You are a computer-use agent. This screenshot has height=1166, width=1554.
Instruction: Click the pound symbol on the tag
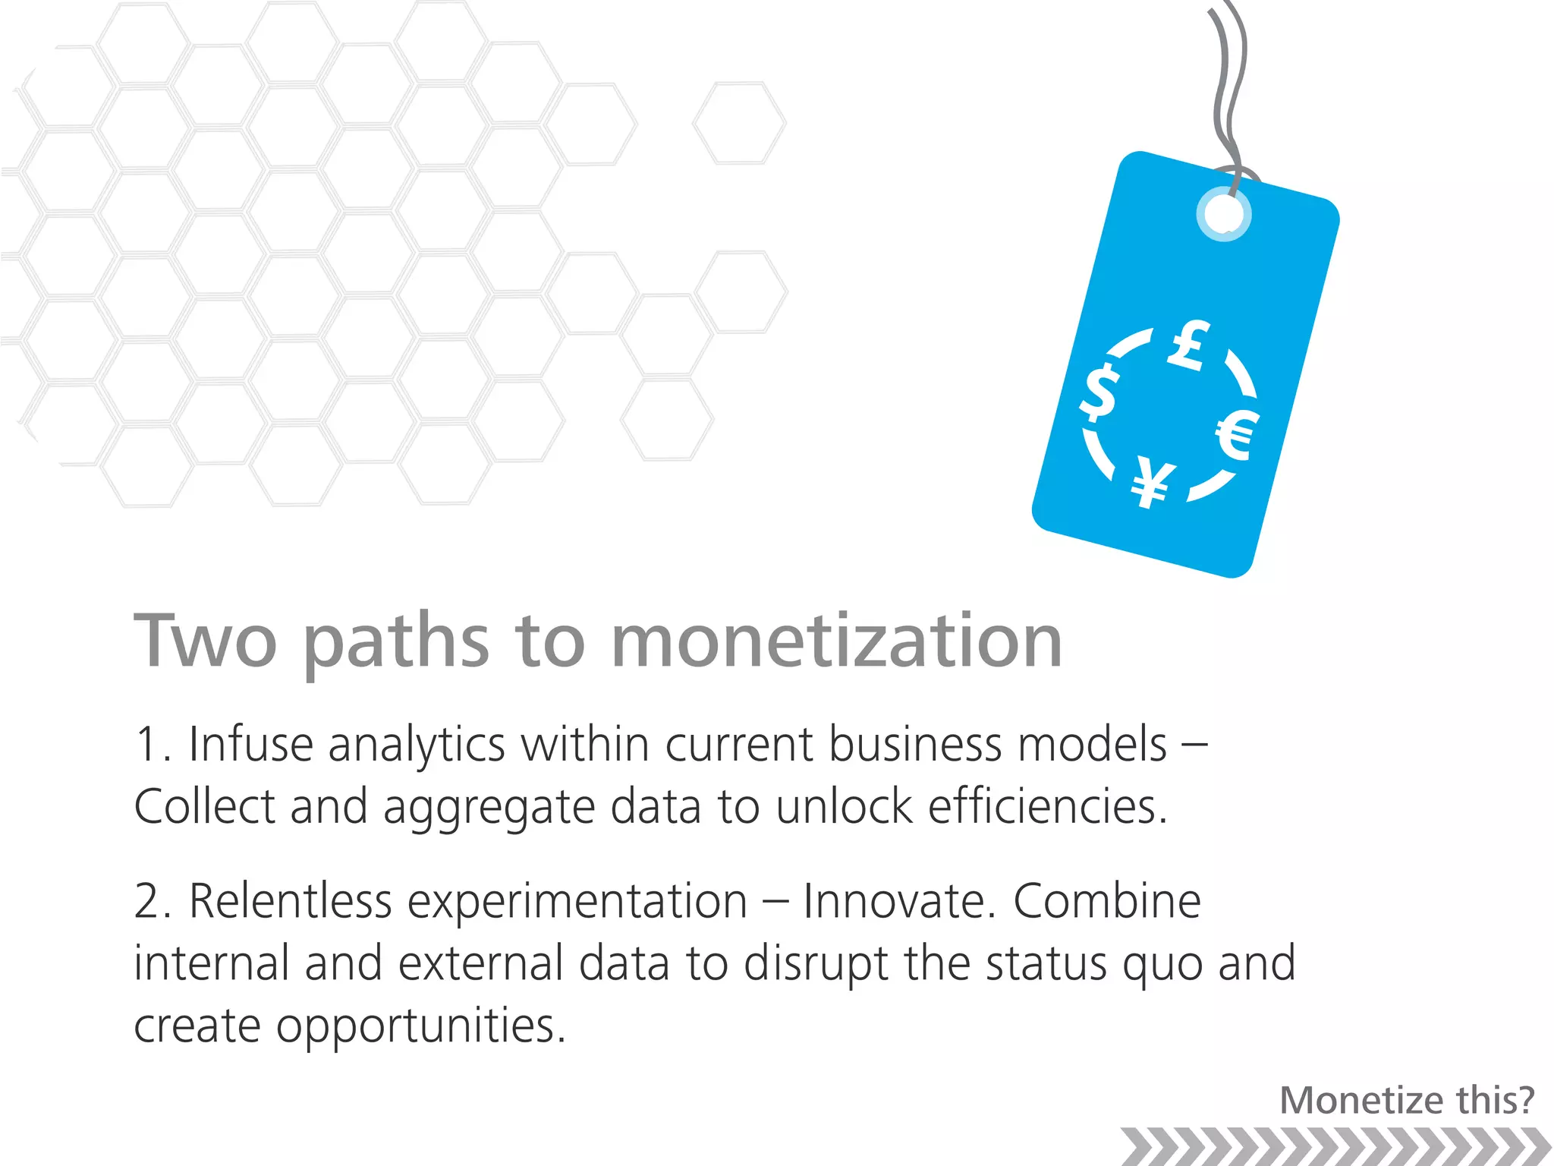1188,346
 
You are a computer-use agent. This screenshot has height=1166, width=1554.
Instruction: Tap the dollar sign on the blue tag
1099,392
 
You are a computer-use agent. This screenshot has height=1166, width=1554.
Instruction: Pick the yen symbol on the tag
1153,483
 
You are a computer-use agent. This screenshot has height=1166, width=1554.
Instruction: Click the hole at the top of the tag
1223,215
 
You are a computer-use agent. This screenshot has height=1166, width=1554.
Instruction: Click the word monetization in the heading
836,641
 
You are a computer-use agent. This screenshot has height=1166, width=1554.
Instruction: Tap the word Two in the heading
205,641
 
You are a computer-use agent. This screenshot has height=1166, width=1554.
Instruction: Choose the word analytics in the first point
417,745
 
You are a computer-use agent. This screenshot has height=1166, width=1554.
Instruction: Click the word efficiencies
1047,806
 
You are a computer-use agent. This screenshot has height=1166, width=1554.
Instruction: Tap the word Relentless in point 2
290,902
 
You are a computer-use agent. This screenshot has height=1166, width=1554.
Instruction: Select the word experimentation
577,903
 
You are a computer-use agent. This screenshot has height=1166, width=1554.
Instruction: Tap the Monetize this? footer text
1407,1100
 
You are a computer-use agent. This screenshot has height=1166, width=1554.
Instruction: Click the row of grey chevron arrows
1335,1146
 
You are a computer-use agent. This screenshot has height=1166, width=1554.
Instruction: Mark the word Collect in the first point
203,806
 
